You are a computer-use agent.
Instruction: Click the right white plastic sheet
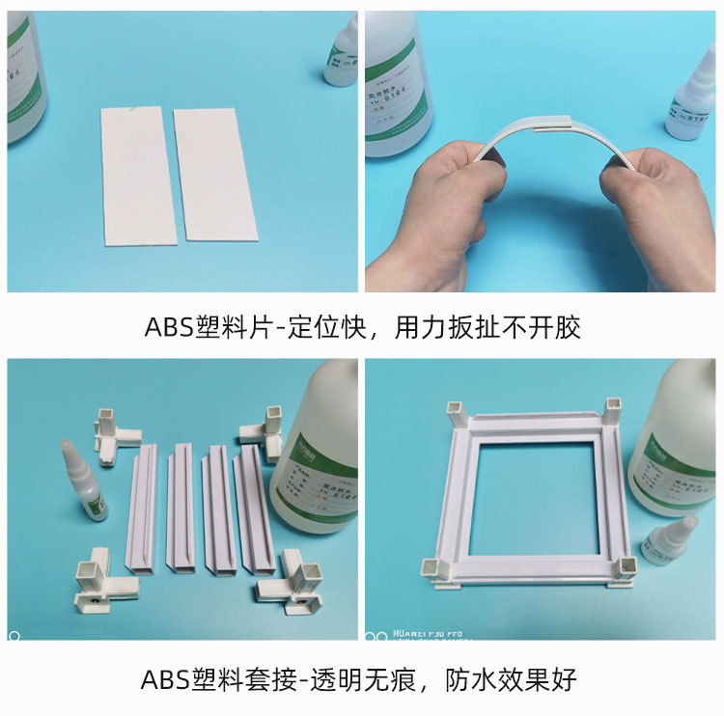coord(214,174)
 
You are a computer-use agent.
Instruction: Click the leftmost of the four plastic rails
coord(142,509)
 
